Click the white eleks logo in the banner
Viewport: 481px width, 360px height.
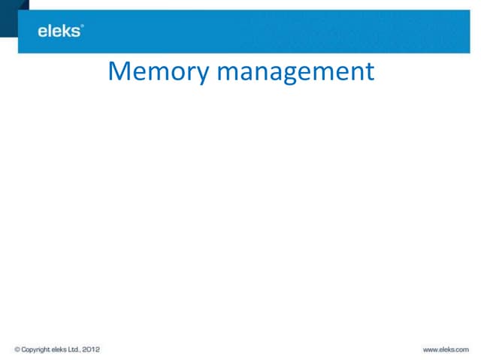pos(60,31)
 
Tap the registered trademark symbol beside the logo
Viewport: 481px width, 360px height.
pos(82,26)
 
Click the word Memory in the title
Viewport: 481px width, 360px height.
pos(159,72)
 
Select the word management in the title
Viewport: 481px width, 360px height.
pos(295,72)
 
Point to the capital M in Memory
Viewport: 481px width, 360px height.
pos(118,70)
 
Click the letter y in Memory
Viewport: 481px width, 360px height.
pos(201,75)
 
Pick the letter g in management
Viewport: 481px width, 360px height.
pos(289,75)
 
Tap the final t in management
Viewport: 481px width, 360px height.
pos(370,72)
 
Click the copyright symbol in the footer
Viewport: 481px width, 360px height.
pos(17,349)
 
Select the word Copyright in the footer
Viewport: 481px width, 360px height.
pos(35,350)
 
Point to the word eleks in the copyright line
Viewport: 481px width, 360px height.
pos(59,349)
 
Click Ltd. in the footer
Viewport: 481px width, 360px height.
pos(74,349)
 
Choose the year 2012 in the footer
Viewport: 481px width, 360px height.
pos(91,349)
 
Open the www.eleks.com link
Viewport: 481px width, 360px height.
pos(446,349)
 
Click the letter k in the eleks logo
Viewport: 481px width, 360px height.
pos(67,31)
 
